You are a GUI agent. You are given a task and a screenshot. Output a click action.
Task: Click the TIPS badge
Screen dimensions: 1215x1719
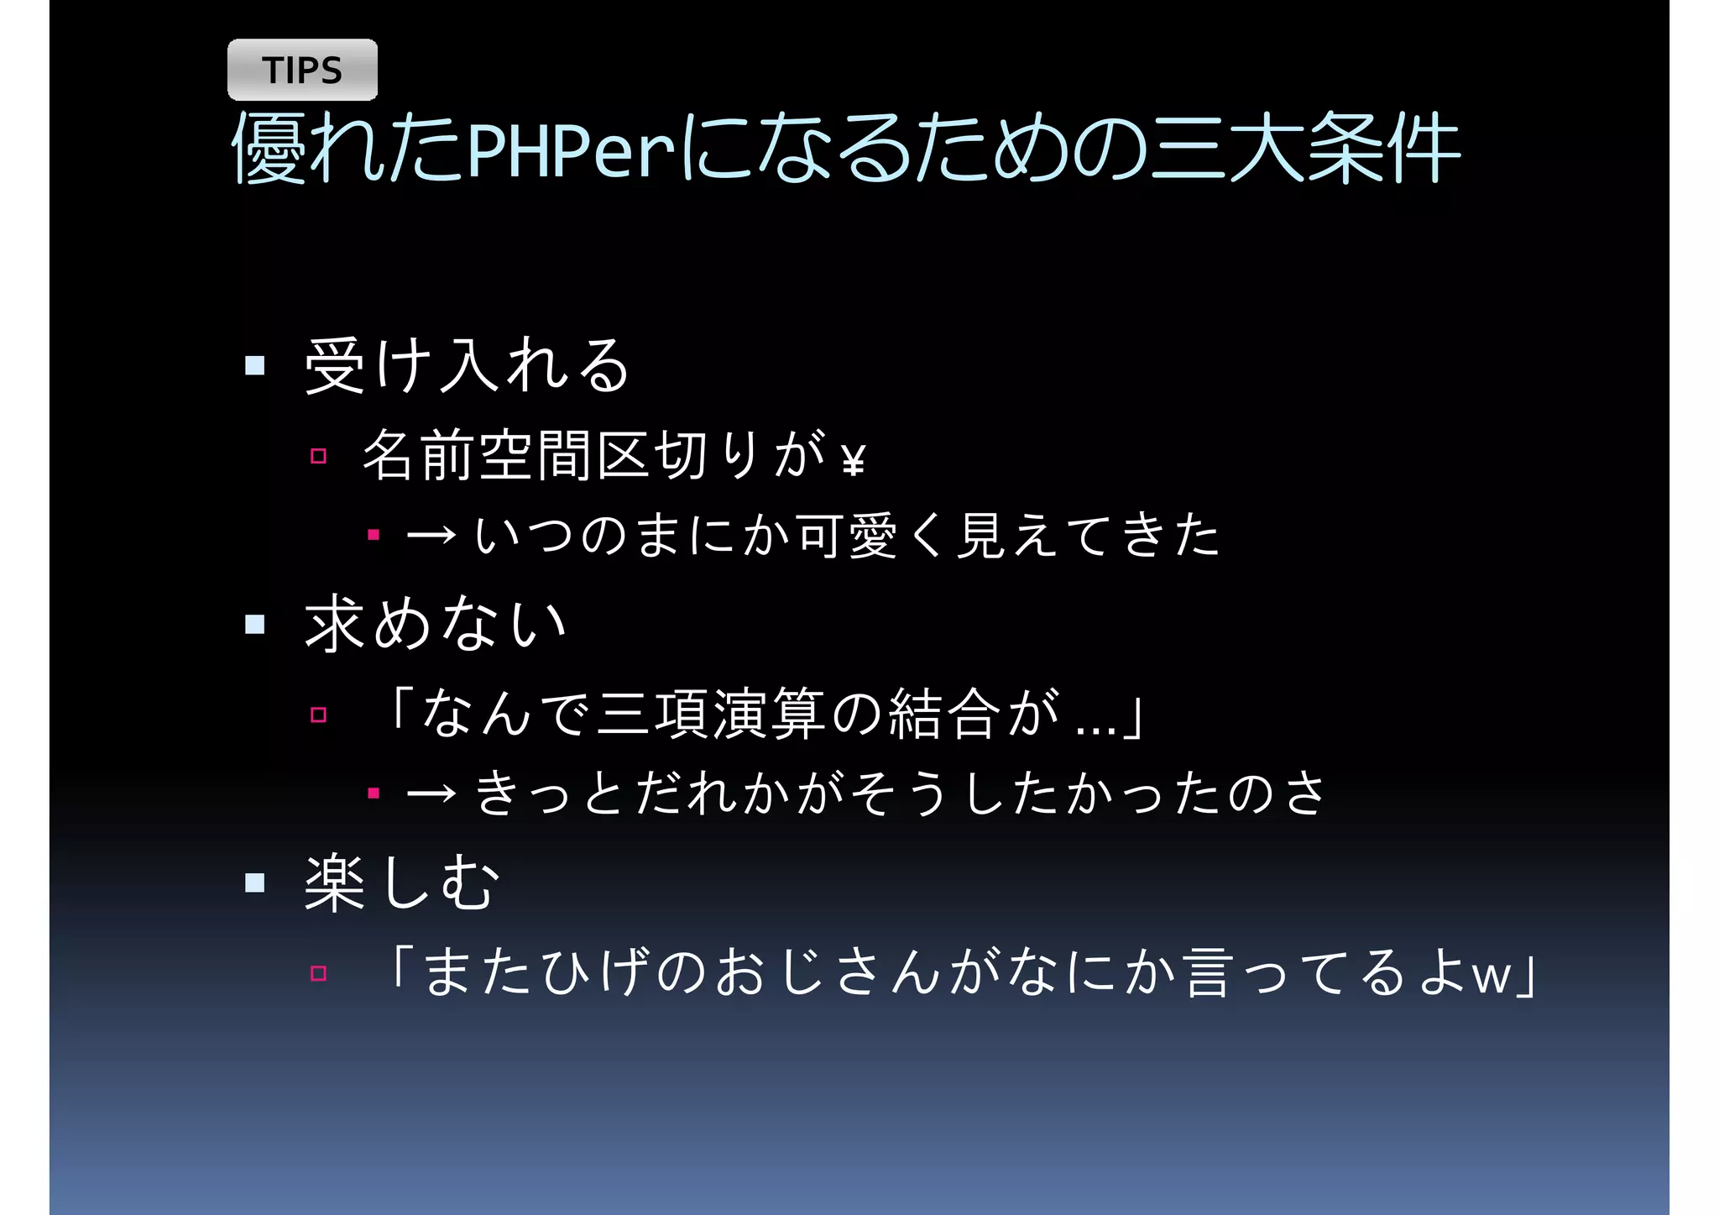[302, 70]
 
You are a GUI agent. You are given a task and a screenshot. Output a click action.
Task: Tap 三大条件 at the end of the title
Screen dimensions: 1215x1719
[1306, 149]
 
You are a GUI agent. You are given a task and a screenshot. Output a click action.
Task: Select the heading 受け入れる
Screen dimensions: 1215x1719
[467, 365]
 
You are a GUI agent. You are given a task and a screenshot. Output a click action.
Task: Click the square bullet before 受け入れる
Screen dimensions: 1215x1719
[255, 365]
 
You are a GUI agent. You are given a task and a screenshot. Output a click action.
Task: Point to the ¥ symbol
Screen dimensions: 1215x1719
[853, 460]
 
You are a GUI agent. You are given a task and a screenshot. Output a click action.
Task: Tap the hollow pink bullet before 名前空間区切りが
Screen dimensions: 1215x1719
[318, 456]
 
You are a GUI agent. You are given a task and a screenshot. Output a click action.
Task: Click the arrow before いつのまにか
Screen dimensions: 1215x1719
[431, 535]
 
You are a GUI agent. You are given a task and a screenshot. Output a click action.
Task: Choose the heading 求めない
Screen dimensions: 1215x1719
[435, 624]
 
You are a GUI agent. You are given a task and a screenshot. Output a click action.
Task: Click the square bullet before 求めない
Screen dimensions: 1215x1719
[255, 624]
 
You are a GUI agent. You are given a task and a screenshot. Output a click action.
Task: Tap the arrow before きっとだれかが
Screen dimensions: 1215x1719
[431, 793]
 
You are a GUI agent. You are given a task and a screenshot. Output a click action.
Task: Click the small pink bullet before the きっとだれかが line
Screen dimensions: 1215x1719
[374, 793]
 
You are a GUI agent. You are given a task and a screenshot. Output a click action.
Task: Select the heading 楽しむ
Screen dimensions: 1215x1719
[401, 882]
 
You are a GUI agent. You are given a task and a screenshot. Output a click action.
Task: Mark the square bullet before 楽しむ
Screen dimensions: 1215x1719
[255, 882]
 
